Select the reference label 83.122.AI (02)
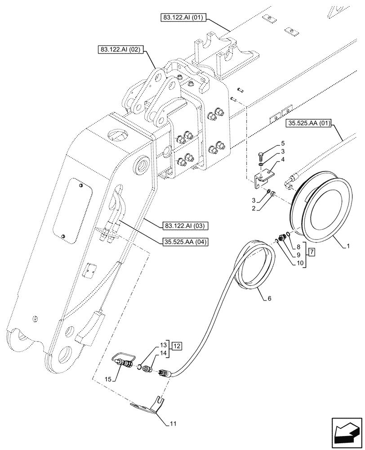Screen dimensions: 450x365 [119, 49]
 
